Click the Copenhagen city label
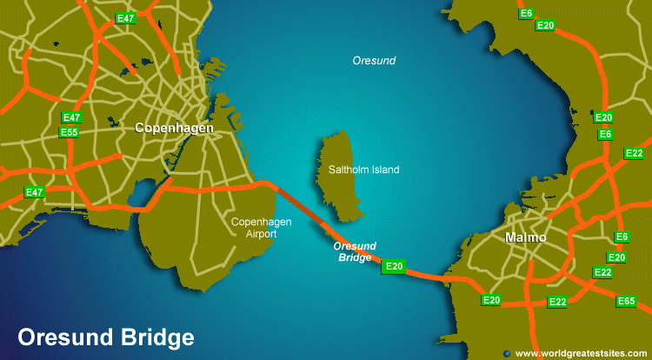coord(174,128)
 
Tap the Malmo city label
coord(525,237)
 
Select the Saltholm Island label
coord(363,170)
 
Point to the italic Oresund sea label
coord(374,61)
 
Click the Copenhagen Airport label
coord(261,228)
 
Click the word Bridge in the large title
coord(150,337)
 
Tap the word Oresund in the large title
coord(60,337)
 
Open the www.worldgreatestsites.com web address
coord(580,353)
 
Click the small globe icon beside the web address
coord(507,353)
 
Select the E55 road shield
coord(70,132)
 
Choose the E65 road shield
coord(626,301)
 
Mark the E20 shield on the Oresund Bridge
coord(394,266)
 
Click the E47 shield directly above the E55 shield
coord(72,117)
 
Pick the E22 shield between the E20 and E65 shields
coord(557,302)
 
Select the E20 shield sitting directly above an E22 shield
coord(616,257)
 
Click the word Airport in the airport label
coord(261,234)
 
